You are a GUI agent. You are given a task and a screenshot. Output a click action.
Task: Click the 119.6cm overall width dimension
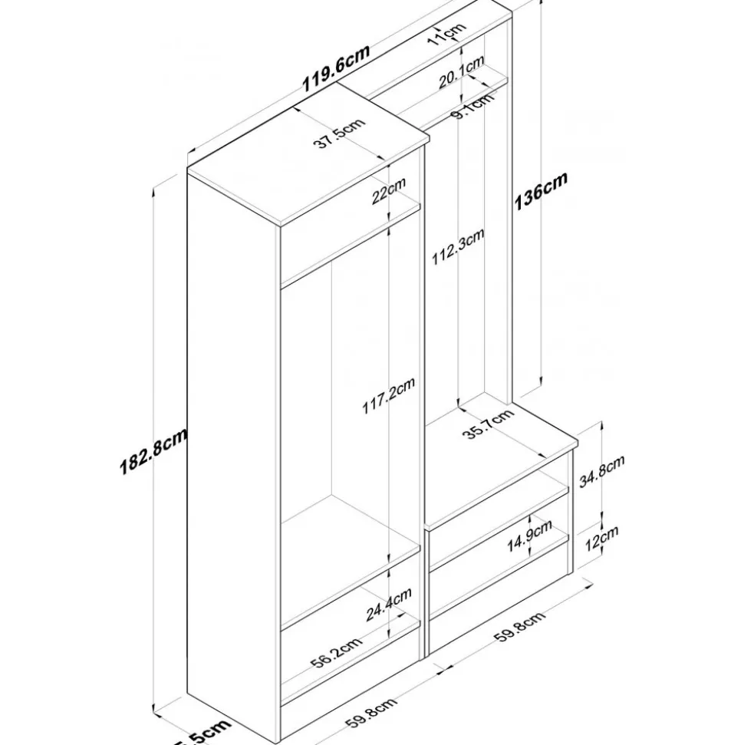pos(335,69)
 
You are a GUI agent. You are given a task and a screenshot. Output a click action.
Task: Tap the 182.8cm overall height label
pos(153,453)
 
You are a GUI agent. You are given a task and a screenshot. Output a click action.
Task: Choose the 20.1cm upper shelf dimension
pos(460,72)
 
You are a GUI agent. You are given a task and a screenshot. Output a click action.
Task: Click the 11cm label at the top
pos(447,35)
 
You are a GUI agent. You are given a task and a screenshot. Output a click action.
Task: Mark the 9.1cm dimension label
pos(472,107)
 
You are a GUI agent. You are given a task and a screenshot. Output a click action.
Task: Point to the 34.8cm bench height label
pos(603,470)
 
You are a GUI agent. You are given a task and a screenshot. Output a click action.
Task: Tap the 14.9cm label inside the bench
pos(530,533)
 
